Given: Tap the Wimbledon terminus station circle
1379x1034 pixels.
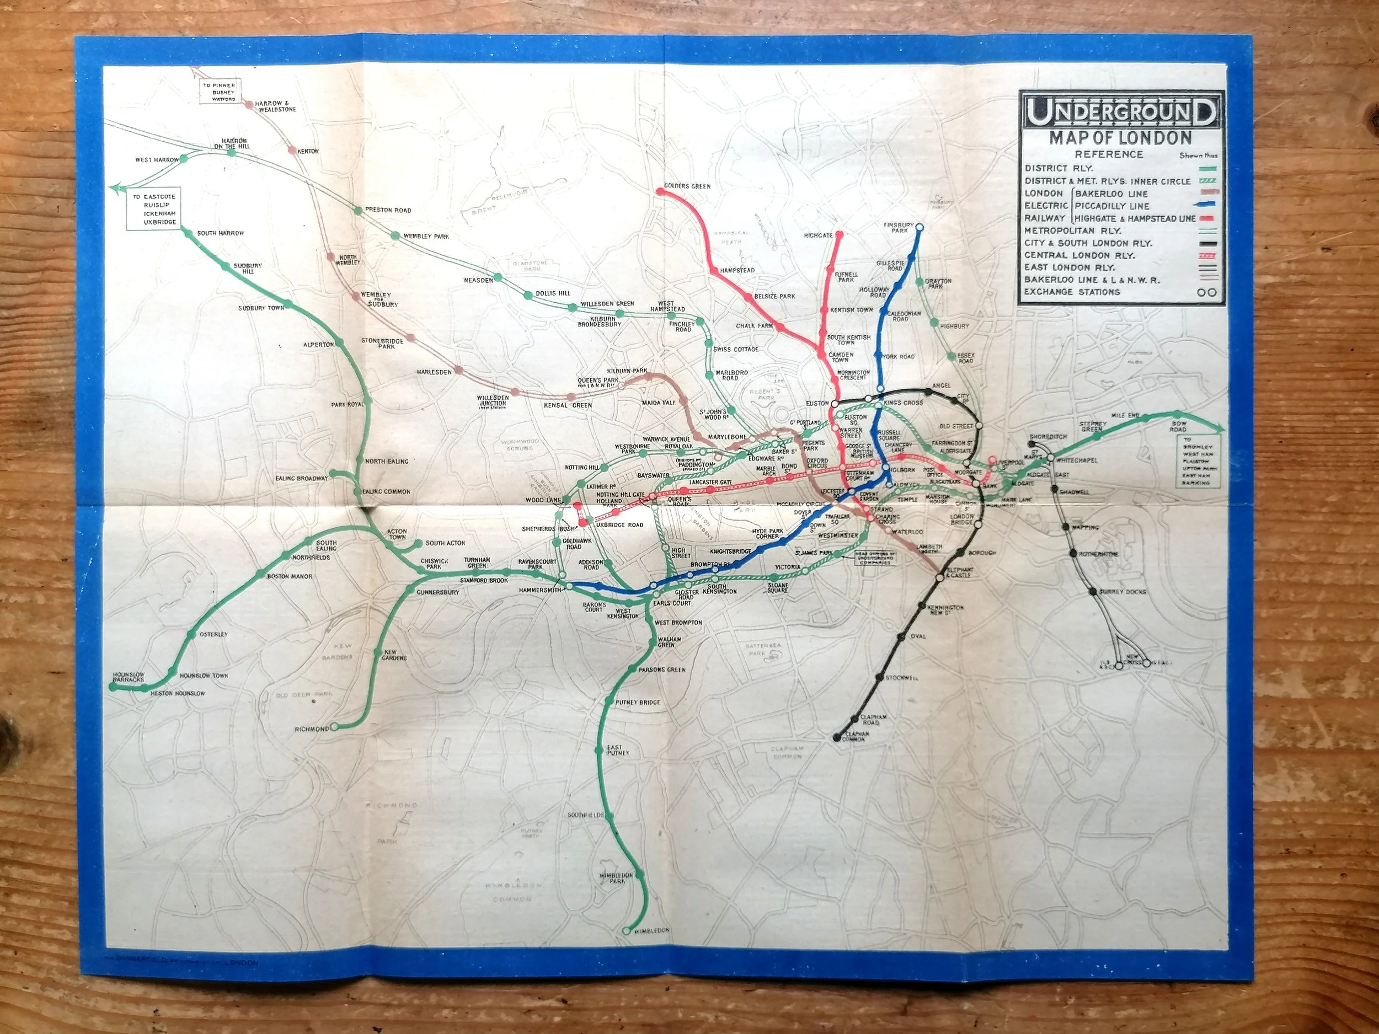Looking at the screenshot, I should click(x=627, y=948).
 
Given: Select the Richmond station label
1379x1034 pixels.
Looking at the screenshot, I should click(x=312, y=728).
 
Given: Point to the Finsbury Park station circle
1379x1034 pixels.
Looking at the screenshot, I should click(x=920, y=228).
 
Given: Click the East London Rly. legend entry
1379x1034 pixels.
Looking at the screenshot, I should click(x=1069, y=267).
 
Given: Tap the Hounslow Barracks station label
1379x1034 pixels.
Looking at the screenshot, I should click(x=129, y=677).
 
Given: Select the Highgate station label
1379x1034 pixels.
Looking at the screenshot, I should click(x=818, y=236).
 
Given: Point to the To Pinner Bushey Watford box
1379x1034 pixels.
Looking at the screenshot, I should click(x=220, y=92).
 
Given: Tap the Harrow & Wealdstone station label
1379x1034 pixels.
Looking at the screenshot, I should click(x=275, y=106).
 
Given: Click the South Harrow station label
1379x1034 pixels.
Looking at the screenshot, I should click(x=221, y=233).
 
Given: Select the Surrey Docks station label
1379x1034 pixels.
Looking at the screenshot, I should click(x=1122, y=592).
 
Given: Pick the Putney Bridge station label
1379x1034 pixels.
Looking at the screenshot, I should click(x=637, y=703).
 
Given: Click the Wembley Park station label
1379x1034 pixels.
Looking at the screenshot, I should click(x=426, y=236).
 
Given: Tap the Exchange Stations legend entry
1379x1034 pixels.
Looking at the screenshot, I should click(x=1072, y=292).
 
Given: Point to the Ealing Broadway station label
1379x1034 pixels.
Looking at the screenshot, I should click(x=301, y=479).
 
